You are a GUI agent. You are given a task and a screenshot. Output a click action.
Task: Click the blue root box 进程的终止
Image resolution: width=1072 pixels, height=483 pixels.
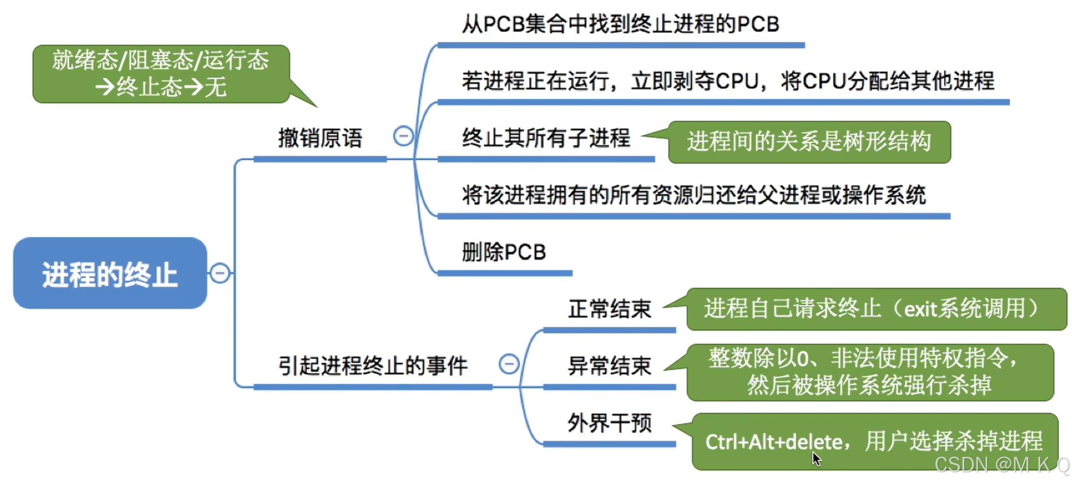(x=110, y=273)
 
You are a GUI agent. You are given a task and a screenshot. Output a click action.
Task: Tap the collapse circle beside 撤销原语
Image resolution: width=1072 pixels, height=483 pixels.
(x=403, y=136)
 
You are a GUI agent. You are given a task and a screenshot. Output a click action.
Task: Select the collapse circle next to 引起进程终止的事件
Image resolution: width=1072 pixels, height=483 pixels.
(x=509, y=364)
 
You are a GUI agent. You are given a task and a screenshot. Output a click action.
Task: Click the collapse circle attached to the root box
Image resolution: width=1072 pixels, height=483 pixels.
(x=220, y=273)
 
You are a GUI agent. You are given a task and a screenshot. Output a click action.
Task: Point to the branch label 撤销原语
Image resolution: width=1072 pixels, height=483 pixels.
(x=320, y=138)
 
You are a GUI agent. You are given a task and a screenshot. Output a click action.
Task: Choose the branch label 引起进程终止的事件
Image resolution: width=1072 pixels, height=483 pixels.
(x=373, y=366)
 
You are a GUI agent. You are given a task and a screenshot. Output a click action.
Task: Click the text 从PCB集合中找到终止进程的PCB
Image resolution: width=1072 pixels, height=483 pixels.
(x=620, y=24)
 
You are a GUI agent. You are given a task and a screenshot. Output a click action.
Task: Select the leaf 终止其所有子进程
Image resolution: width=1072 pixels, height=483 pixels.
(x=546, y=138)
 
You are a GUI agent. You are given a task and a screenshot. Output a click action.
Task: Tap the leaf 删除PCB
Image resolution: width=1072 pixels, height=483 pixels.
(x=504, y=252)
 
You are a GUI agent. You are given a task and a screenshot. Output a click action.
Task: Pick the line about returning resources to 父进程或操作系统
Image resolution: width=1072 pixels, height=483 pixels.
(x=693, y=195)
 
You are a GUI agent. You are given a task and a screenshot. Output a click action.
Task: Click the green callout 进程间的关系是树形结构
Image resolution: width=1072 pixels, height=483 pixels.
(x=809, y=142)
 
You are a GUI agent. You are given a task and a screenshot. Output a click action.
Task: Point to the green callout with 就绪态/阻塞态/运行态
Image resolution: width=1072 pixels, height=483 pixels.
(x=161, y=74)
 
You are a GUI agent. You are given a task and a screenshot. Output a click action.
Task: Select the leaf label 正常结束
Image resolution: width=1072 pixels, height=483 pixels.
(x=609, y=309)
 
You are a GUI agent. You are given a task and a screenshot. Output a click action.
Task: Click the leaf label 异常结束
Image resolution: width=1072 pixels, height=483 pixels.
(x=609, y=366)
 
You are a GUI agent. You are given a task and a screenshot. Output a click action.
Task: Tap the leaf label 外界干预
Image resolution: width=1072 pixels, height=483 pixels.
(x=609, y=423)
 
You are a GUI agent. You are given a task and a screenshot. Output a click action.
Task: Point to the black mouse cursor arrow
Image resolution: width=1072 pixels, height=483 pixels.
(x=816, y=459)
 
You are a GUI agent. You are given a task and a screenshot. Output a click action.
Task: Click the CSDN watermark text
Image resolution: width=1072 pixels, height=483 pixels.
(x=1002, y=464)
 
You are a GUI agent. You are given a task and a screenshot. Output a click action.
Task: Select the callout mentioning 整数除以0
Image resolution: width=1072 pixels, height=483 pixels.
(x=870, y=372)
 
